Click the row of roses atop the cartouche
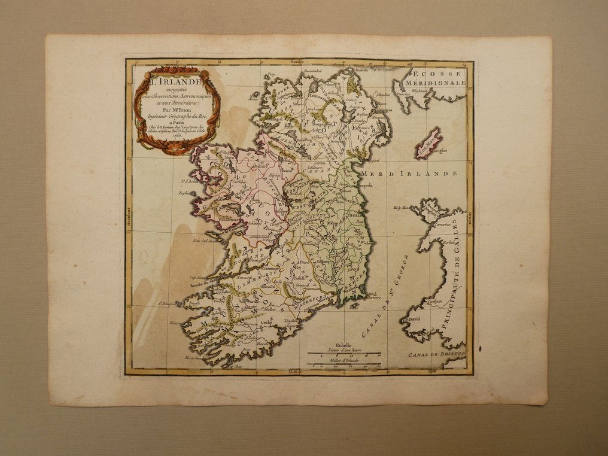(175, 70)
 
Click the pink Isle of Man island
(428, 142)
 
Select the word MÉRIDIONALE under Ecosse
(435, 83)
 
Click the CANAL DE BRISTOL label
(435, 354)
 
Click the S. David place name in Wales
(414, 318)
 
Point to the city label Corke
(266, 323)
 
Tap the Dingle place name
(193, 303)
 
